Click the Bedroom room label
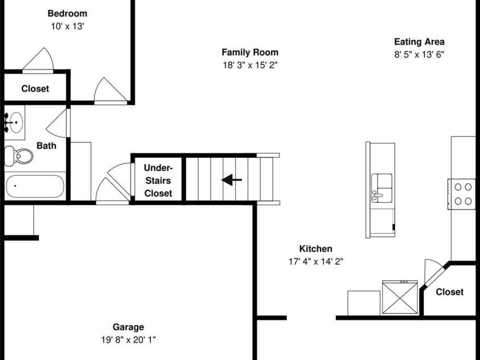click(x=67, y=14)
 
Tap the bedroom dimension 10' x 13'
click(x=67, y=26)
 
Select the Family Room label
click(x=250, y=52)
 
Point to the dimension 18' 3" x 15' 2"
click(x=250, y=65)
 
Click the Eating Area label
click(x=419, y=42)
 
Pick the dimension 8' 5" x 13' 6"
click(x=419, y=55)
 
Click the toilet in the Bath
click(x=19, y=156)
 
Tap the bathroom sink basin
click(x=16, y=122)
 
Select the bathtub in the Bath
click(x=35, y=186)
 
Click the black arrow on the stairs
click(x=231, y=179)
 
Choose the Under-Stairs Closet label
click(x=158, y=181)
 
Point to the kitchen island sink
click(x=381, y=188)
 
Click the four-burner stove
click(x=462, y=194)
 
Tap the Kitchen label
click(x=315, y=248)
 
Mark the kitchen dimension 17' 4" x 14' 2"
click(x=315, y=261)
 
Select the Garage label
click(x=128, y=327)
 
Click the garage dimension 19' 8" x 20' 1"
click(x=128, y=340)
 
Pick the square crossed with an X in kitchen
click(x=400, y=297)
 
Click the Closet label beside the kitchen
click(x=449, y=292)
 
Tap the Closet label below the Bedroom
click(x=35, y=89)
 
